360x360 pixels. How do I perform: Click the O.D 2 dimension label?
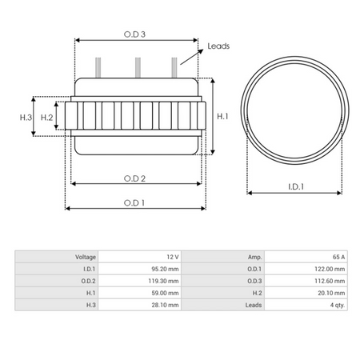tap(134, 178)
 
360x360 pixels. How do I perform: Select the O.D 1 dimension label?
tap(134, 202)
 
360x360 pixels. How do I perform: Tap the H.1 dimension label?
tap(224, 117)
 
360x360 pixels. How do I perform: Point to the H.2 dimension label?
tap(46, 118)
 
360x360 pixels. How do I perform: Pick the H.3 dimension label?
tap(25, 118)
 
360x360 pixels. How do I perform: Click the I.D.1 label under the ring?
tap(298, 187)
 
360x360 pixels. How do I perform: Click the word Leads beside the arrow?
tap(218, 46)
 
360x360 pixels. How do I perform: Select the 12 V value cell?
tap(173, 257)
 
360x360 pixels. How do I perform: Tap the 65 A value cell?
tap(338, 257)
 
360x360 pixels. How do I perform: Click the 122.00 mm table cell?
tap(330, 269)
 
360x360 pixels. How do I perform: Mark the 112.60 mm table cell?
tap(330, 281)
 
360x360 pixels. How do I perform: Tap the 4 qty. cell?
tap(336, 305)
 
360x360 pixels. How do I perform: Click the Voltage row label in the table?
tap(86, 257)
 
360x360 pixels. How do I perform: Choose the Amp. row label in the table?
tap(255, 257)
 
